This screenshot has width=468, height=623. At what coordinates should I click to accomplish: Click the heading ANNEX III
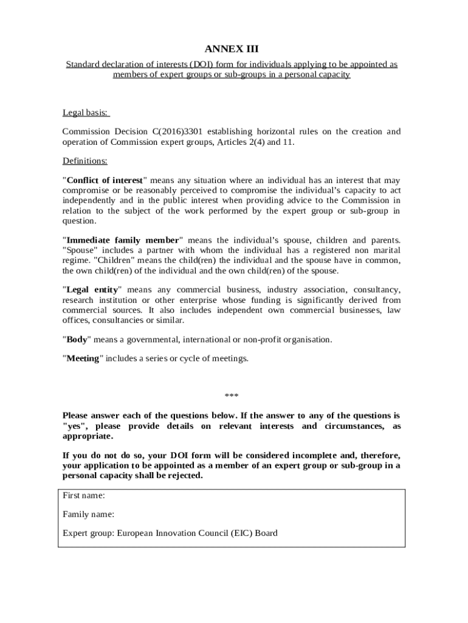234,49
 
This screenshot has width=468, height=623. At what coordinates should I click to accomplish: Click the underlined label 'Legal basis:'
86,113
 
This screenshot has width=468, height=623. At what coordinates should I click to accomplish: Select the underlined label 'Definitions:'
85,161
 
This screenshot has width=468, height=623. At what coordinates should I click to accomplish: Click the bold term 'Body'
77,339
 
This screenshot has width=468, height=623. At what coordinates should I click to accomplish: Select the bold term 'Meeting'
83,358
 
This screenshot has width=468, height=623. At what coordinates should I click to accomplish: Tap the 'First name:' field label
84,495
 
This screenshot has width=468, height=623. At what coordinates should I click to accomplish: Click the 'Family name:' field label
89,514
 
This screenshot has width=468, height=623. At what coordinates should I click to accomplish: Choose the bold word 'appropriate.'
88,436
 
